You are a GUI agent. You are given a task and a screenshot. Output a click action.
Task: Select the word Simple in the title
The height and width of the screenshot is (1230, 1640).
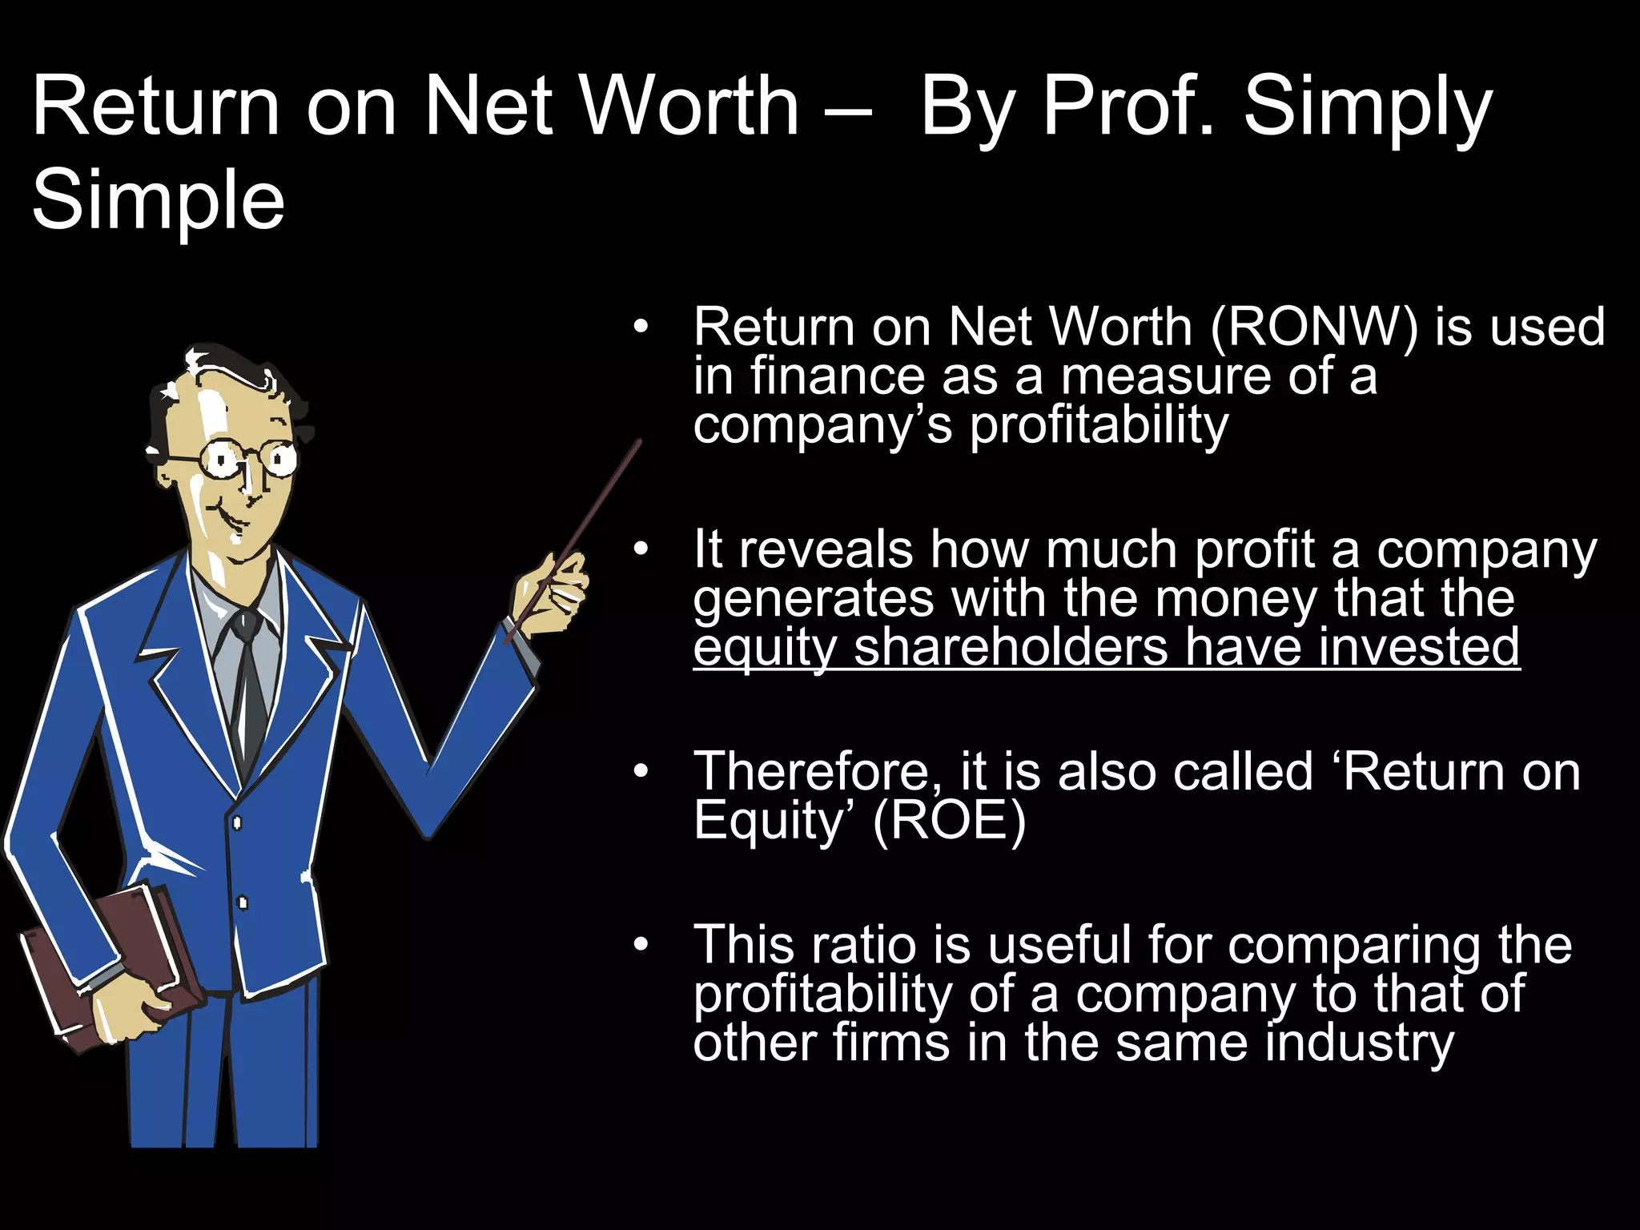(x=159, y=200)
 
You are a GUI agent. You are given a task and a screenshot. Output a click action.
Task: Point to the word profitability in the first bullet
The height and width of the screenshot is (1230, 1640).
(x=1099, y=424)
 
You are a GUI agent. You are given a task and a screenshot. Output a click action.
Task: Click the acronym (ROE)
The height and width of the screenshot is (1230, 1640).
(x=949, y=821)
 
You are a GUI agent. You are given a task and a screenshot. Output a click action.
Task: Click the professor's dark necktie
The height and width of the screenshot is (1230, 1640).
(x=250, y=681)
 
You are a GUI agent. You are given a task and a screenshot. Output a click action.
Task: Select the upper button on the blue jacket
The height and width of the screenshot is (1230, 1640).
(x=237, y=822)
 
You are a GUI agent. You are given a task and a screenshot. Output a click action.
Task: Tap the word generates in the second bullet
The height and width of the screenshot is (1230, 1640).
(x=813, y=599)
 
